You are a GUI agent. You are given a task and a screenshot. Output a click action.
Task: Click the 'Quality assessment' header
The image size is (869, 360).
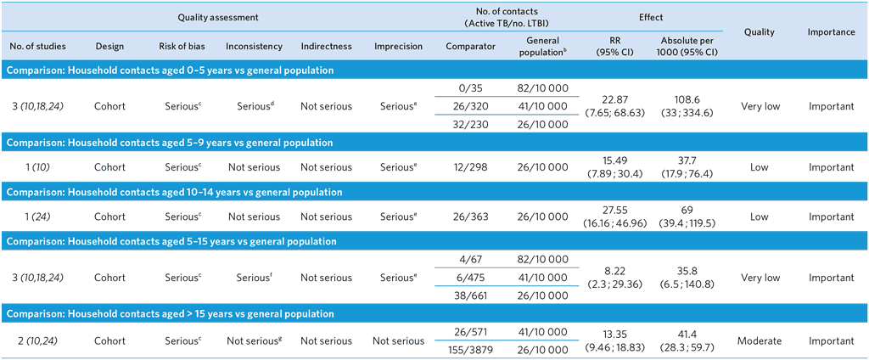[219, 17]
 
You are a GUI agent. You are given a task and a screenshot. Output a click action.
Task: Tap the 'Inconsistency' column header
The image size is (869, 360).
[254, 46]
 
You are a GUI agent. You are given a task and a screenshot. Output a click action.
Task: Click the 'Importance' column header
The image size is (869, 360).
[831, 31]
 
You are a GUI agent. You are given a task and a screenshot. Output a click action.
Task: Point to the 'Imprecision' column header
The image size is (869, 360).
[398, 46]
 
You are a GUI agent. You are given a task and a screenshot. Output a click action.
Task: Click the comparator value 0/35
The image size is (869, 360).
[470, 87]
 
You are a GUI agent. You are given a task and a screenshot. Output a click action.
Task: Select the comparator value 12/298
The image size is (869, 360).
[470, 167]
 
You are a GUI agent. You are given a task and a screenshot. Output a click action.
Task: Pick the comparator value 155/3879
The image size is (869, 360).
[470, 349]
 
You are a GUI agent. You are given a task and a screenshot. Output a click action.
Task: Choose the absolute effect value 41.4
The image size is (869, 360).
[687, 335]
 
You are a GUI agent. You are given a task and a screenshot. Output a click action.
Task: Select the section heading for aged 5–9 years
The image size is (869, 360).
[170, 143]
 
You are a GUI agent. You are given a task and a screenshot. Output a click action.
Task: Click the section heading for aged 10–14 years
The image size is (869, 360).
[173, 192]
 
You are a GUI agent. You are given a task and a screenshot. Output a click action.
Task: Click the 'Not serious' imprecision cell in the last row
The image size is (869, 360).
[398, 341]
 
